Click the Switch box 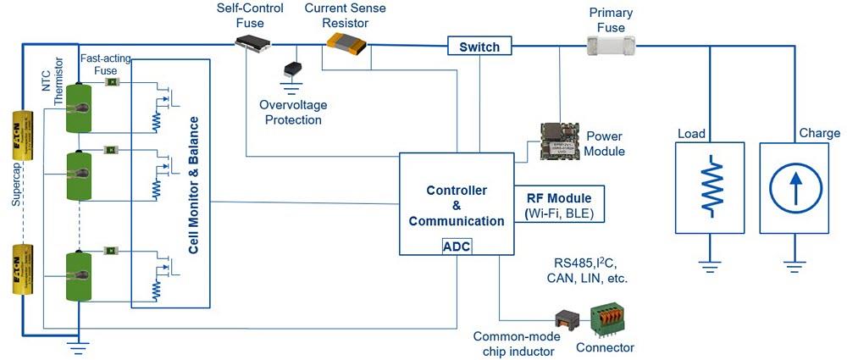[x=479, y=47]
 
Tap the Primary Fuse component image [x=615, y=47]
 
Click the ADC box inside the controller [x=457, y=246]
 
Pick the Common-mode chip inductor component [x=565, y=320]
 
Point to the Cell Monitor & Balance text [x=194, y=183]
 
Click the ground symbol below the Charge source [x=794, y=265]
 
